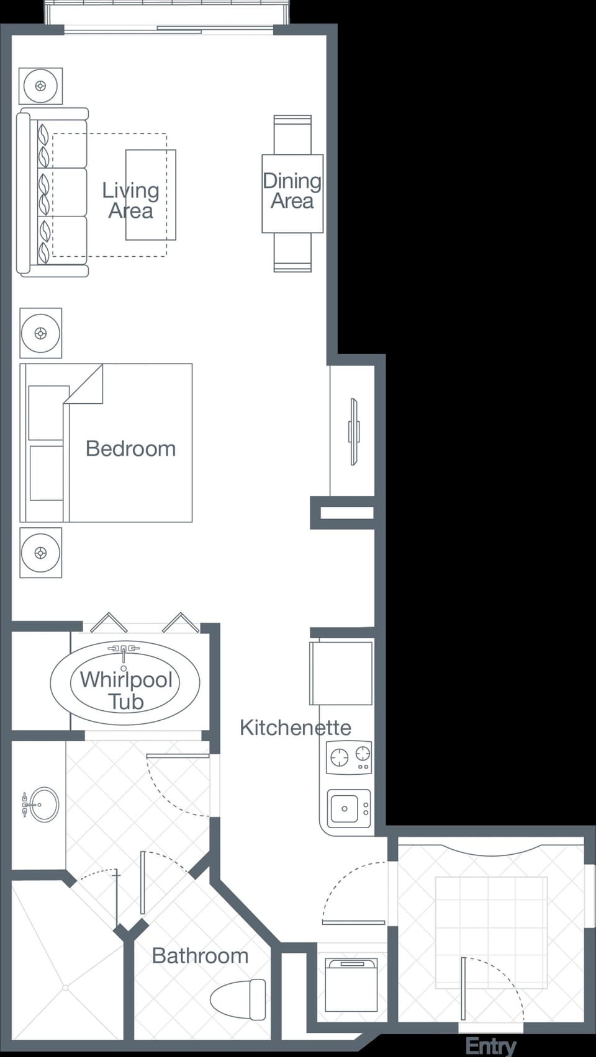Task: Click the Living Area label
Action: pyautogui.click(x=130, y=200)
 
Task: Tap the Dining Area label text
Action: pyautogui.click(x=292, y=191)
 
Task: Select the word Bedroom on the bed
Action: pyautogui.click(x=130, y=448)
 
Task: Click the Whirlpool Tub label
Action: pyautogui.click(x=126, y=690)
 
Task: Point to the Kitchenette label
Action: pyautogui.click(x=295, y=728)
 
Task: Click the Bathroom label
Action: pyautogui.click(x=200, y=956)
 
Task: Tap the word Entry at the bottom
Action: pyautogui.click(x=490, y=1046)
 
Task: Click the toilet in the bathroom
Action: pyautogui.click(x=239, y=999)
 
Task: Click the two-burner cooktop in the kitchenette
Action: pyautogui.click(x=349, y=757)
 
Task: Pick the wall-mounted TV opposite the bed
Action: pyautogui.click(x=353, y=431)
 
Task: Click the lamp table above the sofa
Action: pyautogui.click(x=40, y=86)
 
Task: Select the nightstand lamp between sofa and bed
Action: pyautogui.click(x=40, y=333)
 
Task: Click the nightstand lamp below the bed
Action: pyautogui.click(x=40, y=552)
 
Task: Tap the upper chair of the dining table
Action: pyautogui.click(x=292, y=134)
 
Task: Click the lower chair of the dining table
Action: pyautogui.click(x=292, y=253)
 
